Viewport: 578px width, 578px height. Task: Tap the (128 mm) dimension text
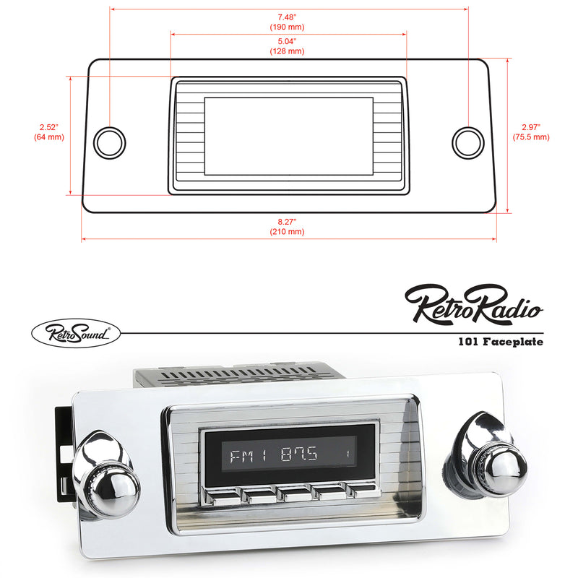pyautogui.click(x=287, y=51)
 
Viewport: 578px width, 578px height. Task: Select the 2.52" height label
pyautogui.click(x=49, y=127)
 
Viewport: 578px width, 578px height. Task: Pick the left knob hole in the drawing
pyautogui.click(x=110, y=141)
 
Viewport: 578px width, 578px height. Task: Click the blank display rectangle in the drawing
pyautogui.click(x=288, y=136)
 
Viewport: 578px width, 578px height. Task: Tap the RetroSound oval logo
pyautogui.click(x=75, y=333)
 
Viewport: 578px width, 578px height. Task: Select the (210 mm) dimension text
pyautogui.click(x=287, y=233)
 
